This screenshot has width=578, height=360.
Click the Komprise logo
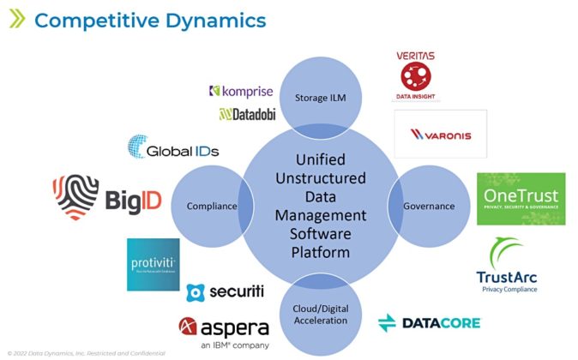coord(243,91)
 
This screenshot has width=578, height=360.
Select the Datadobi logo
coord(250,113)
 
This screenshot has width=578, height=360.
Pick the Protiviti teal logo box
coord(153,264)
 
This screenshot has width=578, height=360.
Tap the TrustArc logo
coord(506,267)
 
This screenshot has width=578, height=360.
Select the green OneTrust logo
coord(521,199)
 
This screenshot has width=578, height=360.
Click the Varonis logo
coord(440,134)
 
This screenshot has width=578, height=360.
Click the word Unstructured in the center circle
coord(319,178)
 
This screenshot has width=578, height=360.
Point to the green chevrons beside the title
coord(17,20)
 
